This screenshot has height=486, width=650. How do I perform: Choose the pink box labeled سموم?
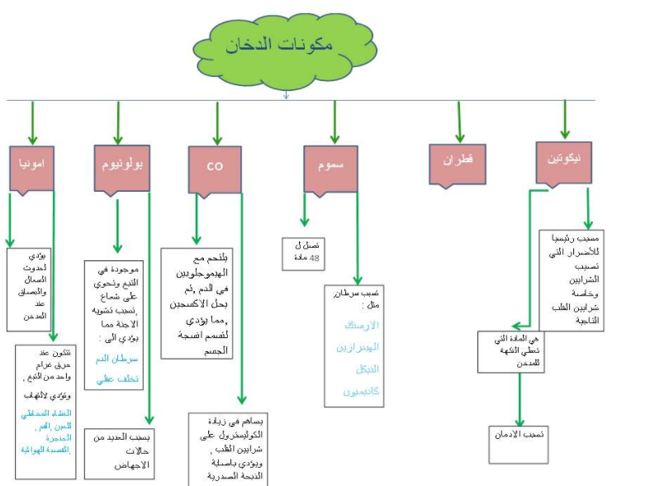tap(330, 164)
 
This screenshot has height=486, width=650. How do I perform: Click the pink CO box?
tap(216, 165)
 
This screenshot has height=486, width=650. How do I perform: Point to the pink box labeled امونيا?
tap(32, 165)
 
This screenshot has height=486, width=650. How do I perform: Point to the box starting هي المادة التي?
tap(510, 350)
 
